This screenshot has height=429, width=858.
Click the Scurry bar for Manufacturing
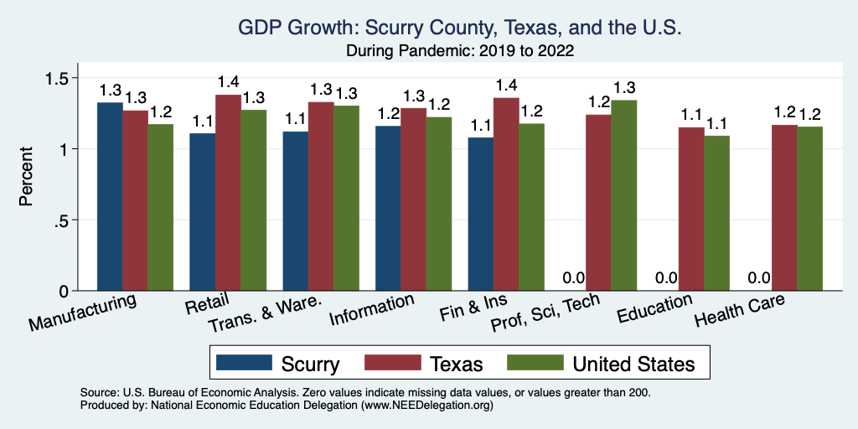(x=110, y=197)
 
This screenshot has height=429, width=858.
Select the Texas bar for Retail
(x=228, y=193)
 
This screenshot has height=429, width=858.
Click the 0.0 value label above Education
(x=666, y=278)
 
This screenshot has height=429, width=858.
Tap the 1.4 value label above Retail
(x=228, y=82)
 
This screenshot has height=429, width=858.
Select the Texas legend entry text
(x=457, y=364)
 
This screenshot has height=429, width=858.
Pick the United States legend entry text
(x=633, y=364)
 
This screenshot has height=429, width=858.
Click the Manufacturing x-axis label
(x=82, y=313)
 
